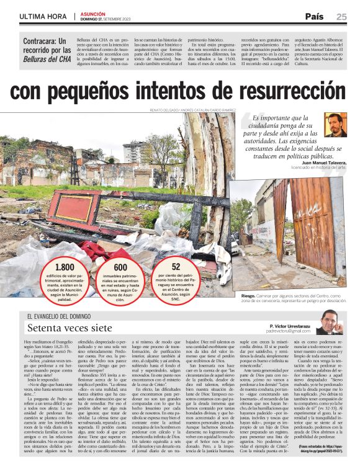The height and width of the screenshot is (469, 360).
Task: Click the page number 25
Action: [341, 17]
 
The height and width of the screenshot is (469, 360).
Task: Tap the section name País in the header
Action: [314, 17]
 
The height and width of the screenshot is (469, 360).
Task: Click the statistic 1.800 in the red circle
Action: [65, 267]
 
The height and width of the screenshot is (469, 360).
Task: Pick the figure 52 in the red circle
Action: [176, 266]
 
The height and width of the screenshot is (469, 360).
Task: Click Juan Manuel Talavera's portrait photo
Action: [335, 125]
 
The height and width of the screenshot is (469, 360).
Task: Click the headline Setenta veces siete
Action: [70, 328]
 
